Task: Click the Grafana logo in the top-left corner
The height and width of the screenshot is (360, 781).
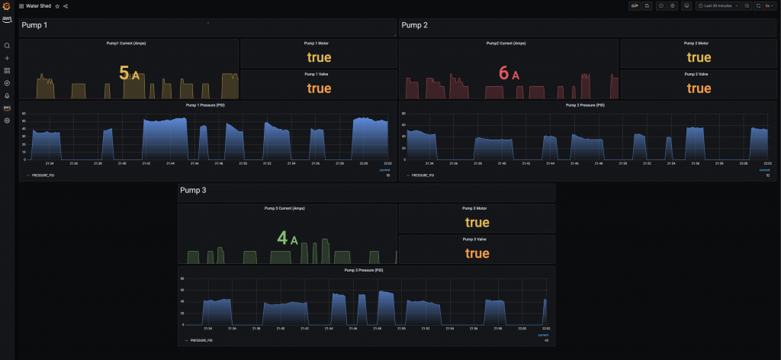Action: click(x=7, y=6)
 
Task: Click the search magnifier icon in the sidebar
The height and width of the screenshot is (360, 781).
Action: click(x=7, y=46)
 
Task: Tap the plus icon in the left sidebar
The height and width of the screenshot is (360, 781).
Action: click(x=7, y=58)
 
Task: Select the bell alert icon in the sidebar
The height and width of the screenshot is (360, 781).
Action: click(x=7, y=95)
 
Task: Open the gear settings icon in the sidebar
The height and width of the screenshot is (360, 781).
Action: click(x=7, y=121)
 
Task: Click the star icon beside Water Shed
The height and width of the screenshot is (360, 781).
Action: click(x=57, y=6)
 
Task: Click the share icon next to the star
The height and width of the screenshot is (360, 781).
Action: click(x=66, y=6)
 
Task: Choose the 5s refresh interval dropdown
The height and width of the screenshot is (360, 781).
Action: click(x=770, y=6)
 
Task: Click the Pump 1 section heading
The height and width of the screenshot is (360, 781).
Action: click(x=34, y=25)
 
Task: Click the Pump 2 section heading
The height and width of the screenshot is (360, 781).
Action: click(x=414, y=25)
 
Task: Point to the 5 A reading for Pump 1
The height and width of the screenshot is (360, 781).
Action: click(x=129, y=73)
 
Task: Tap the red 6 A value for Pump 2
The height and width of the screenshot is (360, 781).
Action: click(x=508, y=73)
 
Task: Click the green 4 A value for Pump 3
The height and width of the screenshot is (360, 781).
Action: click(x=287, y=239)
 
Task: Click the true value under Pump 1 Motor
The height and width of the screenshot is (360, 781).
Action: click(x=319, y=57)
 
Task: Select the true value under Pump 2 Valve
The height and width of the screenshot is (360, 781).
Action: click(x=699, y=88)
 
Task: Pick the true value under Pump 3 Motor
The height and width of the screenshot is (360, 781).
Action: click(x=477, y=222)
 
